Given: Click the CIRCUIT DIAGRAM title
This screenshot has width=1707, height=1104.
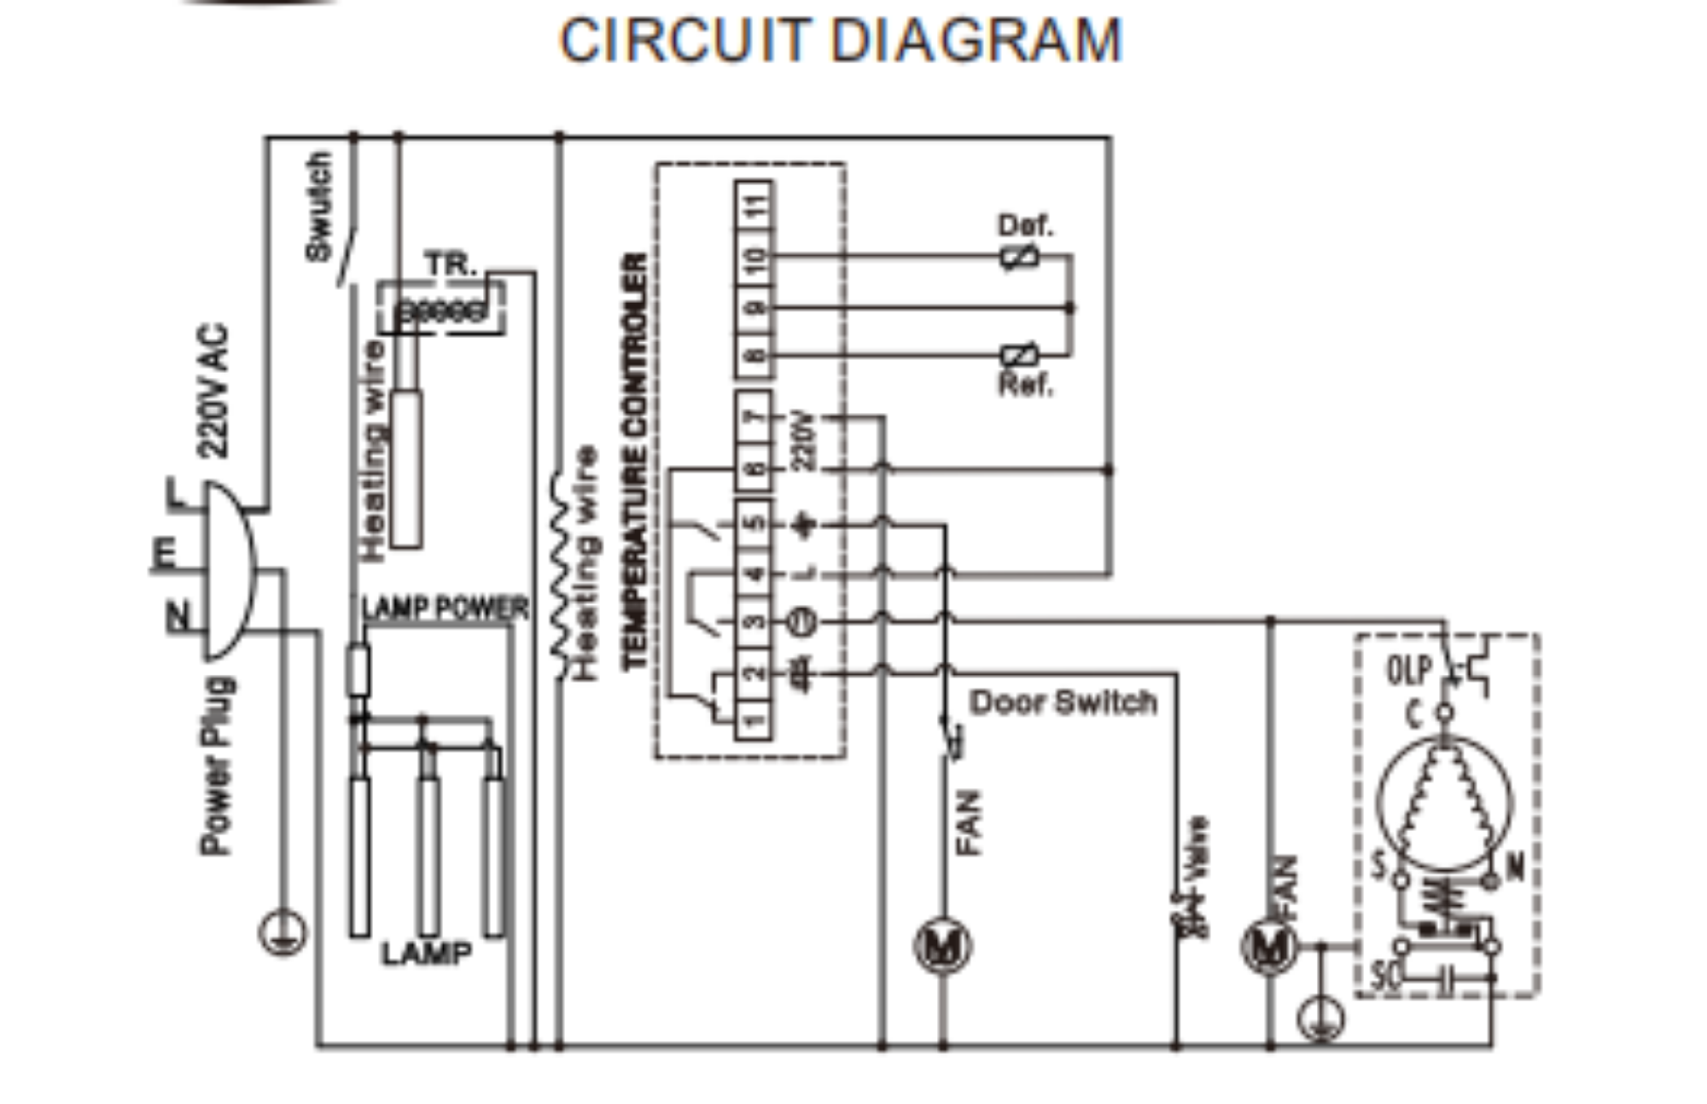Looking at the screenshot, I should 841,40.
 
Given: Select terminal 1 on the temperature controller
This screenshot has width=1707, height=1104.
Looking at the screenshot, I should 753,720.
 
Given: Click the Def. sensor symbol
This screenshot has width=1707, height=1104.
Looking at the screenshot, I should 1019,256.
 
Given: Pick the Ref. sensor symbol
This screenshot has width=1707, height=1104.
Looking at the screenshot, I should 1019,355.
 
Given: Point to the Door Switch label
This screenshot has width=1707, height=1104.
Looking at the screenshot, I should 1063,702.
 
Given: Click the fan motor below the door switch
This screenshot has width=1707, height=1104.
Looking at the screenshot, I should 942,945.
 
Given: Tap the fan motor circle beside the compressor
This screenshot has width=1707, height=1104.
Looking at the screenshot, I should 1269,946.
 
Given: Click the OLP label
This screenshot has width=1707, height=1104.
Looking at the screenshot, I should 1408,671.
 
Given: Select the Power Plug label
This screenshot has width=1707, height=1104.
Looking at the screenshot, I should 217,765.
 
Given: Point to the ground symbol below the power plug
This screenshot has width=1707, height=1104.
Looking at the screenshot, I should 283,933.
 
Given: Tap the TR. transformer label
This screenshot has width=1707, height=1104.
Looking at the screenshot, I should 450,264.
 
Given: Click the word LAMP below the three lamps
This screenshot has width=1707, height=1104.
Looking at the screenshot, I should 426,953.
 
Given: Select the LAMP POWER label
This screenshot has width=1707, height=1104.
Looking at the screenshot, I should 445,608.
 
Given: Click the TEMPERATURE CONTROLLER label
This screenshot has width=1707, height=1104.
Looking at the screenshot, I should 635,461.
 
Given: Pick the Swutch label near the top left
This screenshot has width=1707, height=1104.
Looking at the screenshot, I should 318,206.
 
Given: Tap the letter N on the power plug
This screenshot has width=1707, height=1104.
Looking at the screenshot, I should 177,615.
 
